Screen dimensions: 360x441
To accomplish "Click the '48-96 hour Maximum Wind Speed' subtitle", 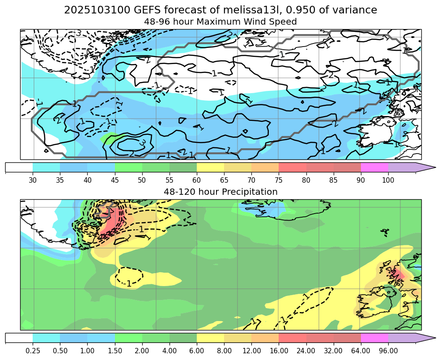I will [220, 21].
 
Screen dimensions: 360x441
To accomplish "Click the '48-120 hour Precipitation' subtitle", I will [220, 192].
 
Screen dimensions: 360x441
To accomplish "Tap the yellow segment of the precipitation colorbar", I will [210, 338].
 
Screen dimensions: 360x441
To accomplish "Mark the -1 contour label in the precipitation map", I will [129, 283].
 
